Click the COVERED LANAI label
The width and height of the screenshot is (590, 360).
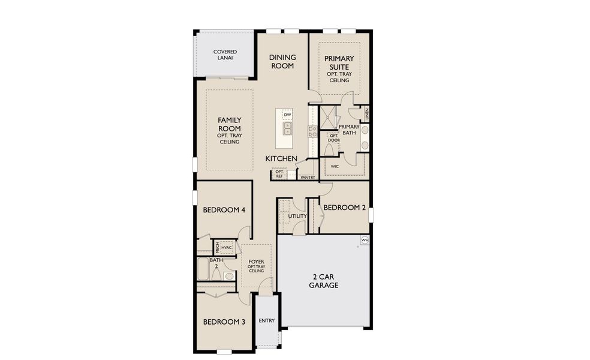tap(225, 55)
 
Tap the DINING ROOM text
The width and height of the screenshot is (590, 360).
tap(282, 61)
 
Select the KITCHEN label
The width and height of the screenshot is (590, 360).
tap(282, 158)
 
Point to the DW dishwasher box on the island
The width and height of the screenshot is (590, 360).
tap(287, 115)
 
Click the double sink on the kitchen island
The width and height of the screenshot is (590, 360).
tap(287, 128)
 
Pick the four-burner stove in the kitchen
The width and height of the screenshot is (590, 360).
tap(312, 131)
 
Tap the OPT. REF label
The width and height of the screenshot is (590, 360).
tap(279, 174)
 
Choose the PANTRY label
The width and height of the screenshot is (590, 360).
tap(308, 178)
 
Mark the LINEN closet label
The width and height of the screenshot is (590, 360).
tap(366, 112)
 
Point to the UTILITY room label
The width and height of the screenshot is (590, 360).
tap(297, 216)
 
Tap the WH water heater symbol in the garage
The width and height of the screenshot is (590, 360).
tap(364, 241)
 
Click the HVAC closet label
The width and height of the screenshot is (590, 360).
tap(226, 247)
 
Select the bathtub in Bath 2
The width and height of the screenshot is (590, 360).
tap(203, 269)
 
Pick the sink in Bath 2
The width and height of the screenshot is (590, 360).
tap(228, 276)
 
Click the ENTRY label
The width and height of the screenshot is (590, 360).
tap(267, 320)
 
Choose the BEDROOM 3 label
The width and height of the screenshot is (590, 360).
tap(224, 322)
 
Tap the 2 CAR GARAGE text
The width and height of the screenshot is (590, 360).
tap(324, 281)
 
